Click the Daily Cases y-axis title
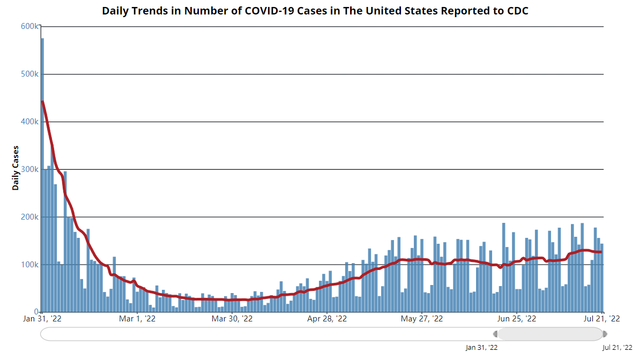pos(16,168)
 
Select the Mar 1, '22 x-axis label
pos(138,319)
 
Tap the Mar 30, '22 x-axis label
pos(233,319)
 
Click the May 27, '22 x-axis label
pos(422,319)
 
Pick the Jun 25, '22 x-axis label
pos(517,319)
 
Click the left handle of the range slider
pos(496,334)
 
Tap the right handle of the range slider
pos(605,334)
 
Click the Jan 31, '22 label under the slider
pos(482,348)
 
